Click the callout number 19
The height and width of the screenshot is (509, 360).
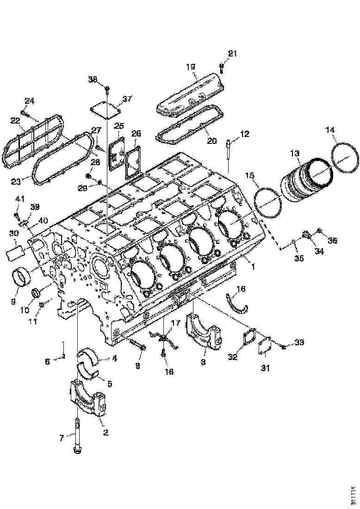[191, 67]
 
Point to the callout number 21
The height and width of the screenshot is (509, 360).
[232, 54]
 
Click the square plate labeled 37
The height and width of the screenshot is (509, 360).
[104, 111]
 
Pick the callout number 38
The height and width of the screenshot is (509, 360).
[93, 79]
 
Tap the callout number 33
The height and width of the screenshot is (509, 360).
[299, 342]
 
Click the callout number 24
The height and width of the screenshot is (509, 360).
[30, 101]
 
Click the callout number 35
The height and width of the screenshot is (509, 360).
[299, 258]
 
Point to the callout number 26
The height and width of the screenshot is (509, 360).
[136, 134]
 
